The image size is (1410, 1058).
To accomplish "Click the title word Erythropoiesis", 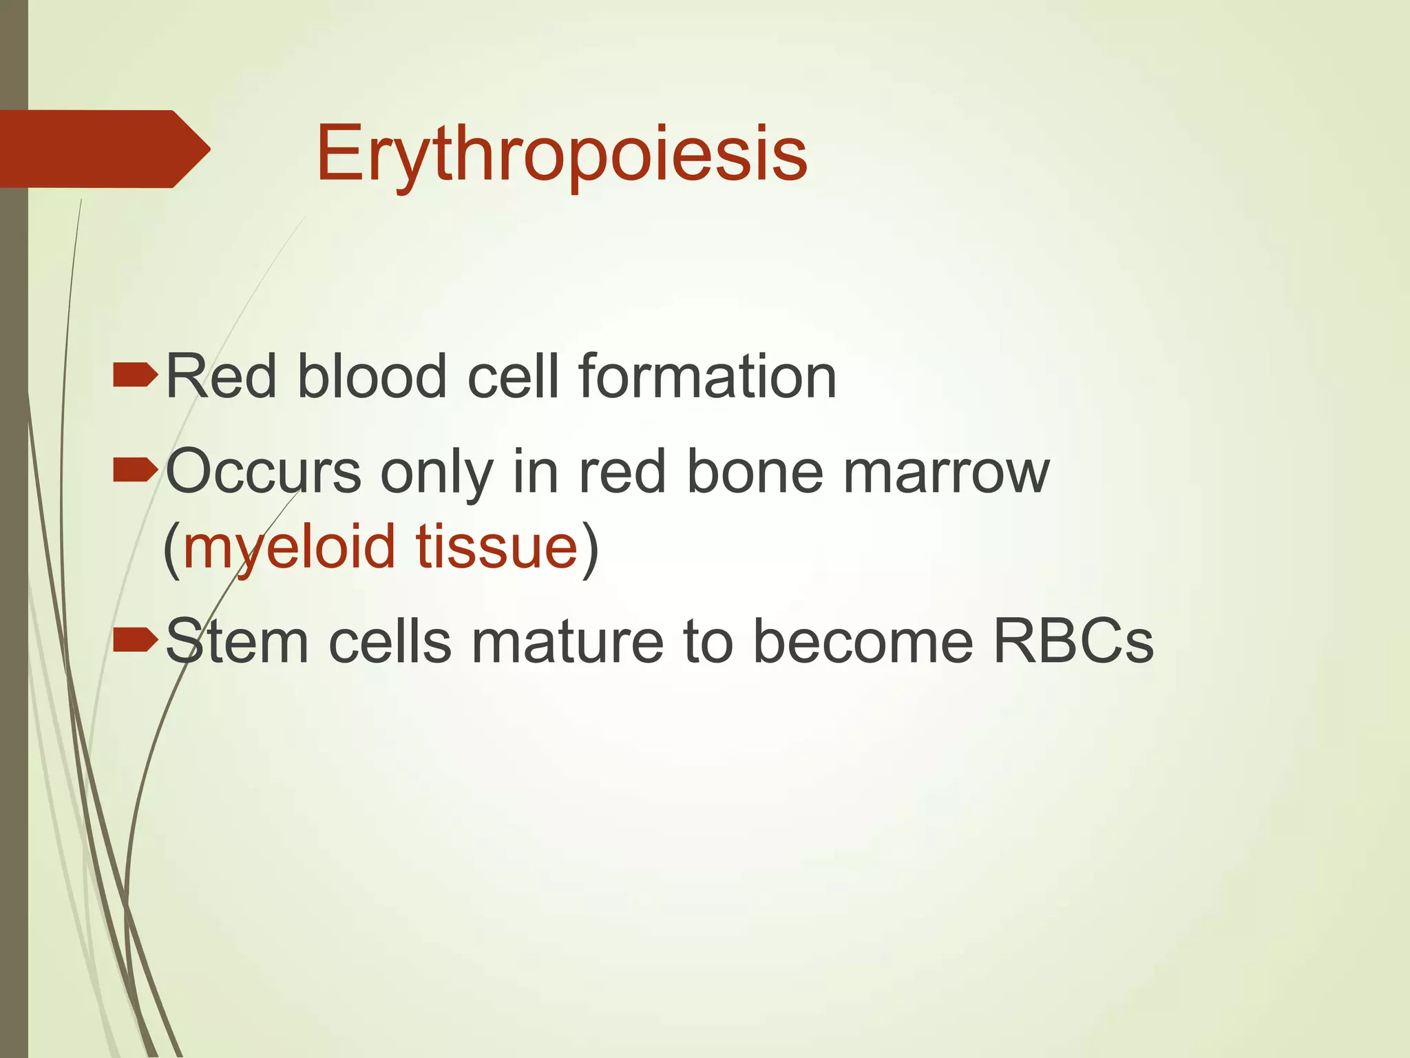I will pyautogui.click(x=561, y=154).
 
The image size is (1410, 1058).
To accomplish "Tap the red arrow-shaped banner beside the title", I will pyautogui.click(x=103, y=149).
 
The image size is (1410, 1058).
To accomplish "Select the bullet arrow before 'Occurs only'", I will pyautogui.click(x=136, y=472).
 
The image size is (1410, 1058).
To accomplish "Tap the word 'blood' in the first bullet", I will pyautogui.click(x=372, y=377).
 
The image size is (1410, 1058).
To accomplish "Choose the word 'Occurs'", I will pyautogui.click(x=264, y=473).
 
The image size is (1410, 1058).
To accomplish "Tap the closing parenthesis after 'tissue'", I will pyautogui.click(x=590, y=549).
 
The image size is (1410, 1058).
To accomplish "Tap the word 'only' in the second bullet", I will pyautogui.click(x=437, y=475).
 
